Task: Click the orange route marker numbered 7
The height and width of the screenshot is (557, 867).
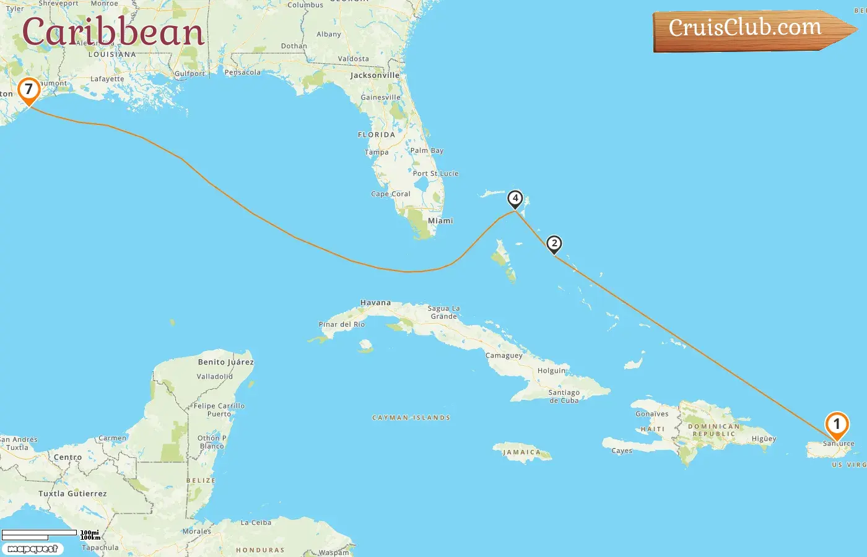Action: (x=28, y=90)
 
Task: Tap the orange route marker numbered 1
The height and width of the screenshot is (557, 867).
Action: (x=837, y=425)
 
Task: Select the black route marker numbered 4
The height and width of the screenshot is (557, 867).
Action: (x=515, y=199)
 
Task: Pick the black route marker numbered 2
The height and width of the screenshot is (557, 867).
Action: (x=554, y=243)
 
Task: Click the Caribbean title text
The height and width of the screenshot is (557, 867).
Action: (x=113, y=32)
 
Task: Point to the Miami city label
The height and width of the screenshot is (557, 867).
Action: (x=440, y=221)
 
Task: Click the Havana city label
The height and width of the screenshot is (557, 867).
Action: (x=375, y=303)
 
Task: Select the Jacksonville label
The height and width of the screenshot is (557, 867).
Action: (x=375, y=76)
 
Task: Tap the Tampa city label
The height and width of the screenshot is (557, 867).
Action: (x=377, y=152)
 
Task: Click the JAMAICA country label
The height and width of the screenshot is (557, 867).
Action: (x=521, y=452)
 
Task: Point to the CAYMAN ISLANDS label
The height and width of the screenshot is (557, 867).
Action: (x=411, y=418)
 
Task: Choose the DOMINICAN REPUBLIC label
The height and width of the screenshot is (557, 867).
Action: (x=714, y=430)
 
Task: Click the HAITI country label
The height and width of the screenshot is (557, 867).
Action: (x=652, y=429)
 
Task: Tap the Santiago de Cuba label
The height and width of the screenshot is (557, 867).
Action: (x=564, y=396)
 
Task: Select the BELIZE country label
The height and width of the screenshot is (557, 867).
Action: (x=201, y=480)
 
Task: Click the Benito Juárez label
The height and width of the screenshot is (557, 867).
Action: (x=225, y=362)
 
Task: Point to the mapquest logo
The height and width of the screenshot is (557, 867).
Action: (x=32, y=549)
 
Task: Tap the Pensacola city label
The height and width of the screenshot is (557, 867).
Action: (x=243, y=72)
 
